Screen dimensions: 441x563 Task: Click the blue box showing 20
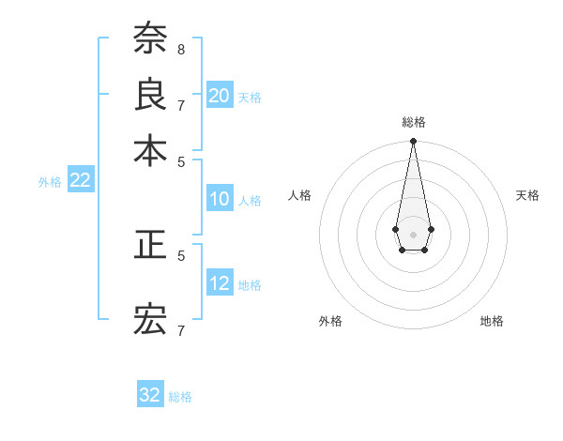pyautogui.click(x=220, y=96)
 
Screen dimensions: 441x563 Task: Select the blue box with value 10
pyautogui.click(x=220, y=199)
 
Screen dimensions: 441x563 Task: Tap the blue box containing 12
pyautogui.click(x=220, y=283)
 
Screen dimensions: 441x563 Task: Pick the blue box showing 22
pyautogui.click(x=80, y=180)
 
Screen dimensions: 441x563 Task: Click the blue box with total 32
pyautogui.click(x=150, y=395)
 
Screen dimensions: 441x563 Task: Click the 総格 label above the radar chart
pyautogui.click(x=413, y=122)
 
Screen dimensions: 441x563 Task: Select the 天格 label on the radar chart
pyautogui.click(x=527, y=195)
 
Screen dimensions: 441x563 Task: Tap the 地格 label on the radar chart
pyautogui.click(x=492, y=321)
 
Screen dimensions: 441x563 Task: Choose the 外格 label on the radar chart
pyautogui.click(x=330, y=321)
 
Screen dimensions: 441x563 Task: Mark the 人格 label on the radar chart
pyautogui.click(x=300, y=195)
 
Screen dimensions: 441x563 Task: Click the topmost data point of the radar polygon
pyautogui.click(x=413, y=142)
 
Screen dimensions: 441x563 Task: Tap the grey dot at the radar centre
pyautogui.click(x=413, y=233)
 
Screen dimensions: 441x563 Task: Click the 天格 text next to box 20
pyautogui.click(x=250, y=97)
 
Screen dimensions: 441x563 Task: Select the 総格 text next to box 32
pyautogui.click(x=180, y=397)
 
